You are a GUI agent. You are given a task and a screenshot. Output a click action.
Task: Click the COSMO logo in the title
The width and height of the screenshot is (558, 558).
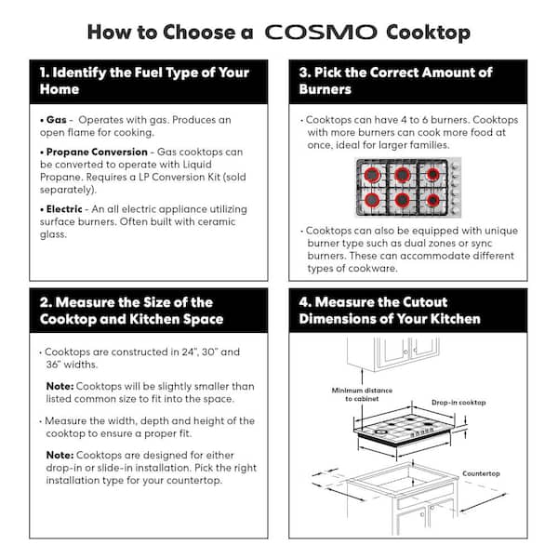click(320, 33)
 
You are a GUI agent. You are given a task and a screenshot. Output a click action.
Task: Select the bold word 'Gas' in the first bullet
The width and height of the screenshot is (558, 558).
click(56, 121)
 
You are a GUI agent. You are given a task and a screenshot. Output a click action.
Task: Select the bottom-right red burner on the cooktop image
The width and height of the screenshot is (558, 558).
click(433, 199)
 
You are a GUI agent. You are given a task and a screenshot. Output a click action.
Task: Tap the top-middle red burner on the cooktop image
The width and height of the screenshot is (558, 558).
click(403, 174)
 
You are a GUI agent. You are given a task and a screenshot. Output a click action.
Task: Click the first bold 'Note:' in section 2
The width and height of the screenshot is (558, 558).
click(61, 386)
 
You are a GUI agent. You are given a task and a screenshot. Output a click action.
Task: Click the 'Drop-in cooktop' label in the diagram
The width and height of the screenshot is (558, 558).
click(458, 403)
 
